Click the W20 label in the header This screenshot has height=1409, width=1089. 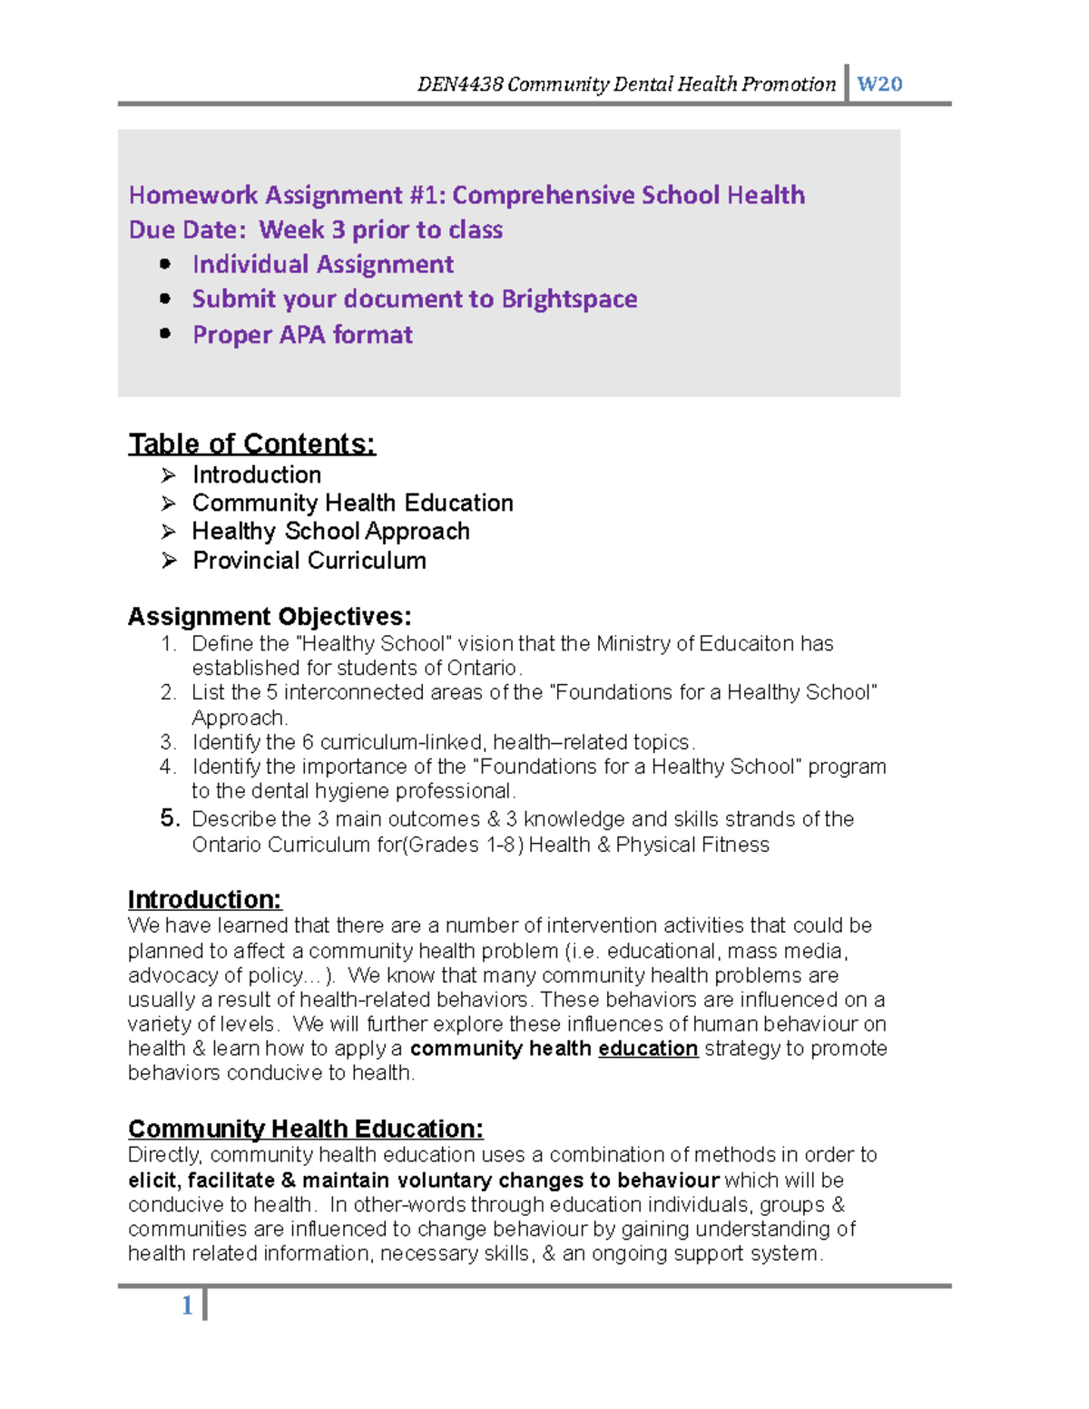coord(878,84)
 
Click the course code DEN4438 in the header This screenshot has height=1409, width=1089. coord(459,84)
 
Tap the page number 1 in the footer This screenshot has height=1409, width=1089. coord(187,1306)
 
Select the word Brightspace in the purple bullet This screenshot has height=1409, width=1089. coord(569,299)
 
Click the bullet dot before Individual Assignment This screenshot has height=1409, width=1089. coord(165,264)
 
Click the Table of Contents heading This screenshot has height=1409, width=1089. coord(251,444)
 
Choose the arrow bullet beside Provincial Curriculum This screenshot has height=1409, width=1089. coord(169,561)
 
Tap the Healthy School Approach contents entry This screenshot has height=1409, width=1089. coord(330,532)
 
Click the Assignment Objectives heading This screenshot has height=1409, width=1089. coord(270,617)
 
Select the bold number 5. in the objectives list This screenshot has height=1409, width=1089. coord(170,818)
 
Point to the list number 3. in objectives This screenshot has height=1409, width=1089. coord(168,742)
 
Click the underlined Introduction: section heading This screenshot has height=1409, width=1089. coord(205,899)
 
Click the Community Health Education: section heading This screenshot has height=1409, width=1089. coord(306,1129)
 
